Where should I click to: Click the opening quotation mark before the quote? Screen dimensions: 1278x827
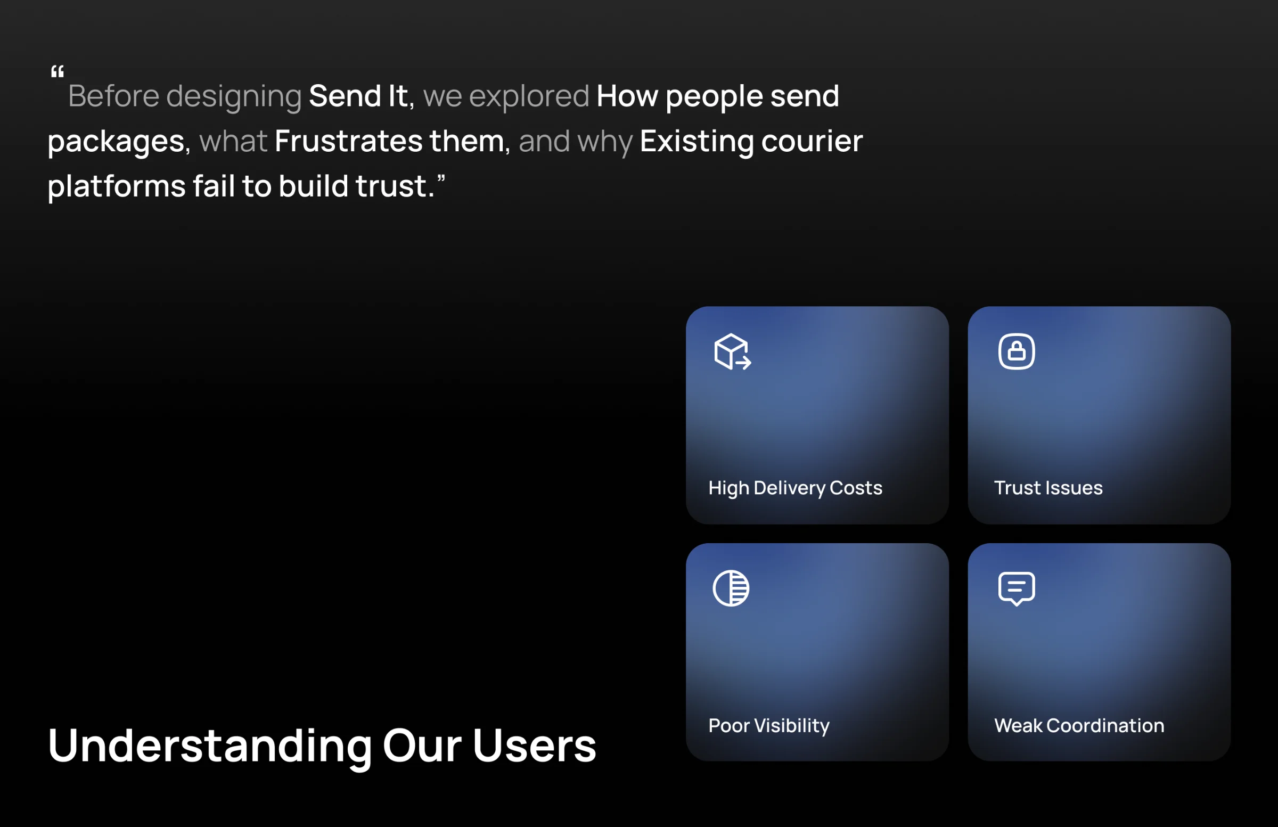tap(58, 71)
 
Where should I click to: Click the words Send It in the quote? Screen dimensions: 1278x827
tap(358, 96)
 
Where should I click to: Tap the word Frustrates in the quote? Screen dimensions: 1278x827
tap(348, 141)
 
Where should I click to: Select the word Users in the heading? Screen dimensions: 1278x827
tap(534, 746)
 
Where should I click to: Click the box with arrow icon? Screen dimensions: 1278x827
tap(732, 352)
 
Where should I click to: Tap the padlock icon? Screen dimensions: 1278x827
tap(1017, 352)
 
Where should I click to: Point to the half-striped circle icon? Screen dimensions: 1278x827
tap(731, 588)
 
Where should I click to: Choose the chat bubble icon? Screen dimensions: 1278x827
tap(1017, 589)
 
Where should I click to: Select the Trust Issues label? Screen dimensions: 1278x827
tap(1048, 488)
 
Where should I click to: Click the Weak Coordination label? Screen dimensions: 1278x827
tap(1079, 725)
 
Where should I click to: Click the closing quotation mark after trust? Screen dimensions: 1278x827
tap(441, 178)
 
